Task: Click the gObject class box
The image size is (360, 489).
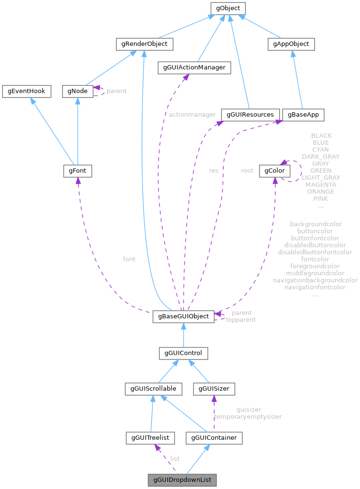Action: click(x=229, y=8)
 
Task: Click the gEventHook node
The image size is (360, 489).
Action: click(x=26, y=91)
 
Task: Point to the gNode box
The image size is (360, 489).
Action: click(x=77, y=91)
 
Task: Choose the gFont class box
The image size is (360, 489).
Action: click(x=77, y=171)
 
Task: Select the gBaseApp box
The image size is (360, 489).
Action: click(x=303, y=115)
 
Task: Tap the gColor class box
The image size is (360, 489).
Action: click(x=273, y=171)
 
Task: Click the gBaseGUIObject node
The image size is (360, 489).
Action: click(x=183, y=316)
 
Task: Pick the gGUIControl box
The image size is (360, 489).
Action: click(x=183, y=353)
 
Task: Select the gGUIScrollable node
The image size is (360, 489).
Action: click(x=151, y=389)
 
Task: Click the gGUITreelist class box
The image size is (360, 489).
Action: click(x=150, y=437)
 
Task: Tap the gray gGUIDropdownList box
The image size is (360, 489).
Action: click(x=182, y=478)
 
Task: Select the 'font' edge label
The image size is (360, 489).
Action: click(x=129, y=259)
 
